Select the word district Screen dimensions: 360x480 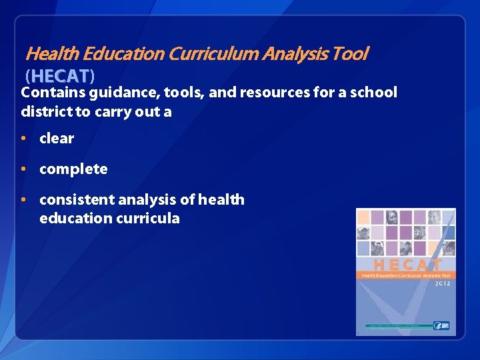pos(46,111)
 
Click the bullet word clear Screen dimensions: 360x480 pos(57,139)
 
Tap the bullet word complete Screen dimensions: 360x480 pos(73,169)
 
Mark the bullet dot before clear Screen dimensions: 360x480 pos(23,139)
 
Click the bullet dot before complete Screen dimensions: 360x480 pos(23,169)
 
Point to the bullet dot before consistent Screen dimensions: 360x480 pos(23,199)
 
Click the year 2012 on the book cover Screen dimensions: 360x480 pos(442,283)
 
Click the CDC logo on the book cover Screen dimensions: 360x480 pos(442,325)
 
